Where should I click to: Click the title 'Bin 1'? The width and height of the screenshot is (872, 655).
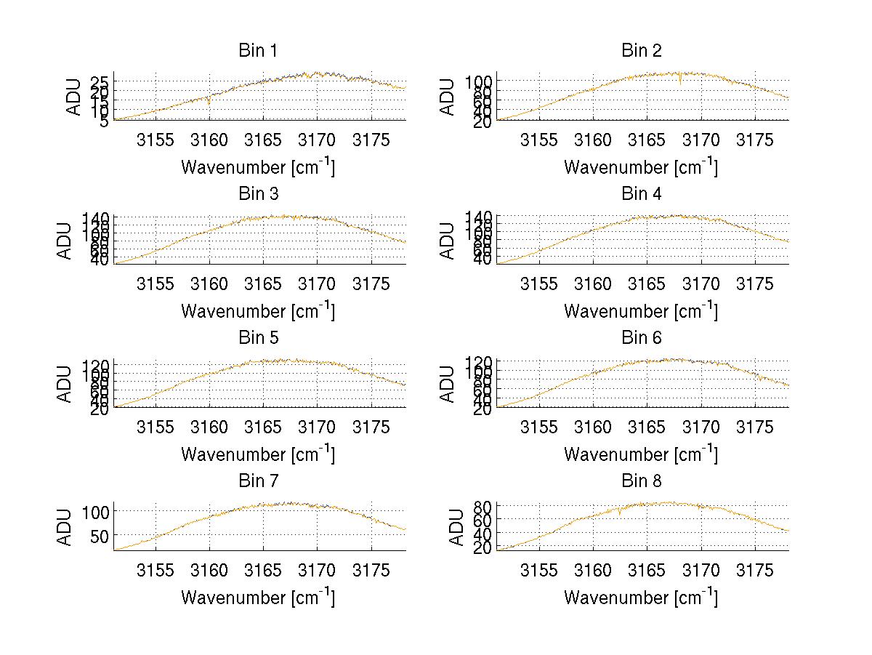pos(258,51)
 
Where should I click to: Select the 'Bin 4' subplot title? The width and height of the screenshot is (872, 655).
pos(642,194)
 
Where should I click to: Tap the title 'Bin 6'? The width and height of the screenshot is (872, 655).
pos(642,337)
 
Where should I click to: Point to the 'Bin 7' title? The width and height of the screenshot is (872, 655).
pos(258,481)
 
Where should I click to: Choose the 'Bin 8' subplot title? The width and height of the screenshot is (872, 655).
pos(642,481)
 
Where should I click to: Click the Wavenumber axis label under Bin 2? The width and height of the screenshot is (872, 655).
pos(641,167)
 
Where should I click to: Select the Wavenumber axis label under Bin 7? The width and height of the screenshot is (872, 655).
pos(258,598)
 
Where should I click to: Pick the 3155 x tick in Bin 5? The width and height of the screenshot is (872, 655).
pos(156,427)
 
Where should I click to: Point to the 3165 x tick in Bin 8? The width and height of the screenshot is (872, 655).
pos(647,570)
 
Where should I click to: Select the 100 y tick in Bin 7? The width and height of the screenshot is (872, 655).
pos(94,511)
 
